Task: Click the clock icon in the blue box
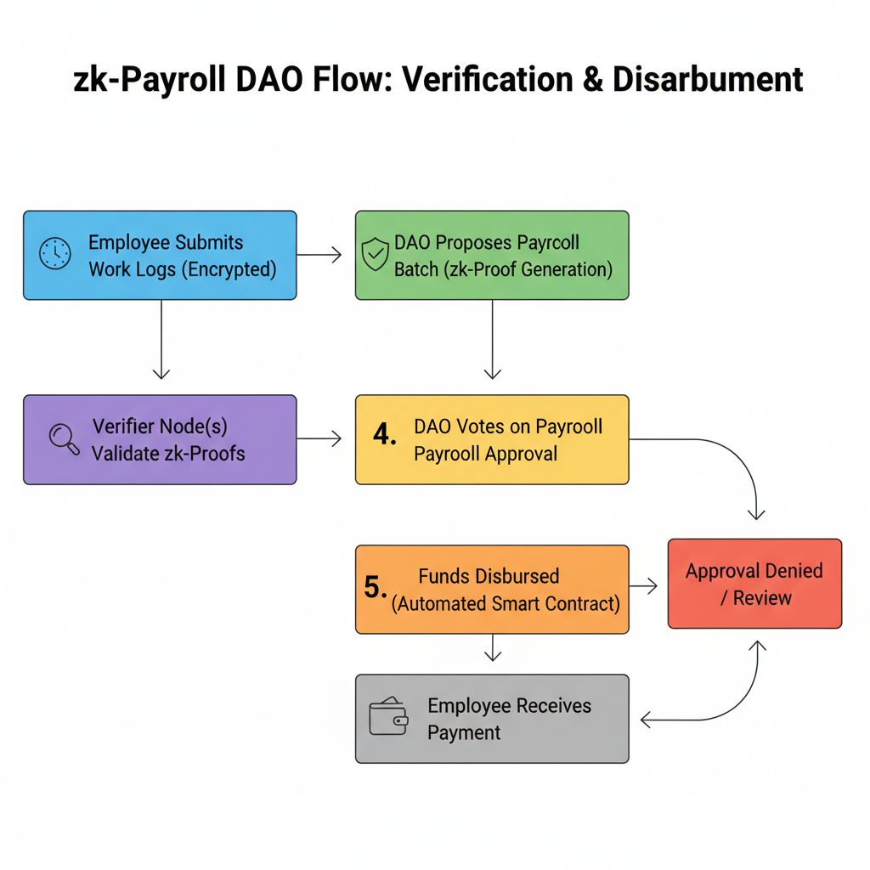56,255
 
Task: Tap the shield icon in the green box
376,255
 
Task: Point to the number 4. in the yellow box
385,435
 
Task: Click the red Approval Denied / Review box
754,584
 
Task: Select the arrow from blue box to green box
320,254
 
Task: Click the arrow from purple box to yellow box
320,438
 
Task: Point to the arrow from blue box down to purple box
161,340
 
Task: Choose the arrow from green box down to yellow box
492,340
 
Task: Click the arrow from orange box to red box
645,585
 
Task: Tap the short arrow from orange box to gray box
492,650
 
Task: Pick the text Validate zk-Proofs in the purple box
168,453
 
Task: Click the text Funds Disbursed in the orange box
489,576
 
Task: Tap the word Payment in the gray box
464,732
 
